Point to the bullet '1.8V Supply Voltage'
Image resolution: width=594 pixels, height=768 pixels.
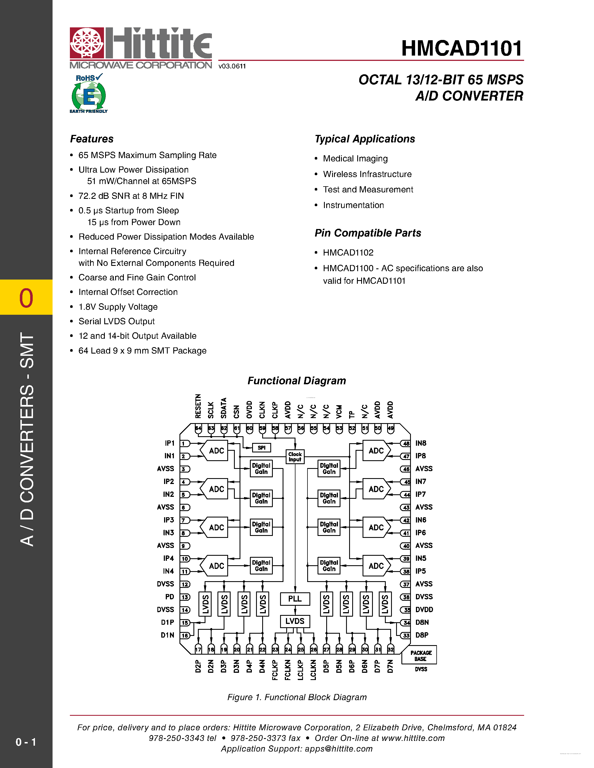(x=118, y=307)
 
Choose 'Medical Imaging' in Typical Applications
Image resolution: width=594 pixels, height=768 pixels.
(x=355, y=159)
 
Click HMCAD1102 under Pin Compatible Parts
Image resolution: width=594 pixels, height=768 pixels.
(x=348, y=252)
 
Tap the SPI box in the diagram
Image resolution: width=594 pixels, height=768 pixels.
(x=261, y=448)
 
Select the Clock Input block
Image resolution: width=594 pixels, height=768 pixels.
(x=295, y=457)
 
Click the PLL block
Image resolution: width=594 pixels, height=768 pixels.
(x=295, y=598)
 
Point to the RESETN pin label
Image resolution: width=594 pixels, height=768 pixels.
(x=198, y=406)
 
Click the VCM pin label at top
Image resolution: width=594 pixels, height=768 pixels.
(x=339, y=411)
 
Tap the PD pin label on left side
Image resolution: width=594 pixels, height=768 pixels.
(x=170, y=597)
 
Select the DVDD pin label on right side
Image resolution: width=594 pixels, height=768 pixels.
(x=424, y=609)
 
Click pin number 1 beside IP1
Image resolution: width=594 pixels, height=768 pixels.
(x=184, y=443)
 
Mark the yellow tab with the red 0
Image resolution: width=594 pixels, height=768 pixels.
(x=26, y=297)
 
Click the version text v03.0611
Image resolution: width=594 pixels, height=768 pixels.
(x=232, y=66)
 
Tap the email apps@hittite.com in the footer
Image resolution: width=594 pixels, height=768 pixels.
(x=339, y=749)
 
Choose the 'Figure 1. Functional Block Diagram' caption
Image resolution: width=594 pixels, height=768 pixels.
(x=297, y=697)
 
